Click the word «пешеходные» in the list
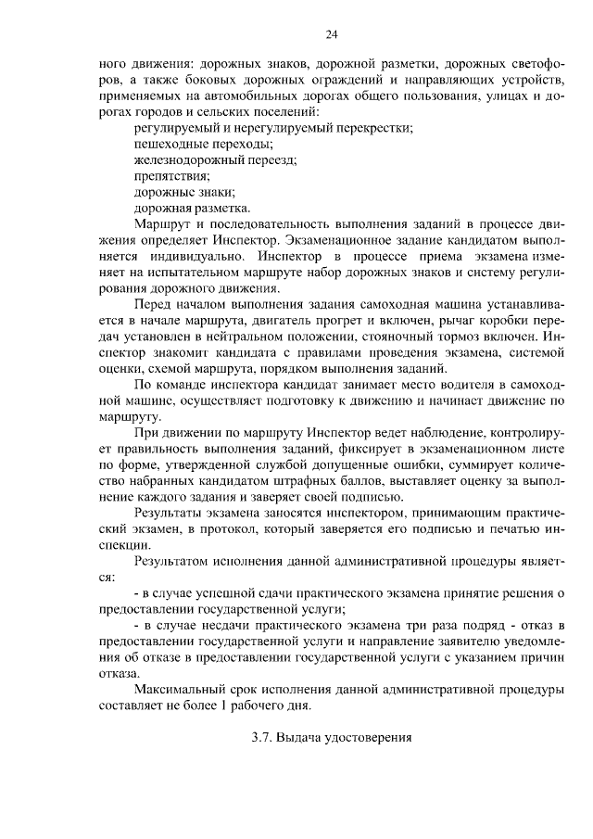pos(168,144)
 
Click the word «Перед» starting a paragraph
pos(153,303)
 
